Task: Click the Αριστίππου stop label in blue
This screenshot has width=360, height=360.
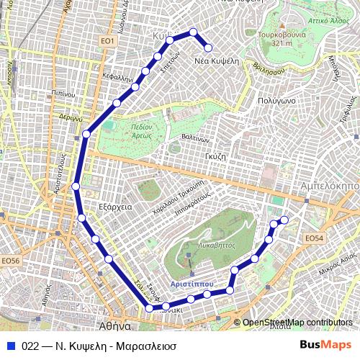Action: pyautogui.click(x=192, y=284)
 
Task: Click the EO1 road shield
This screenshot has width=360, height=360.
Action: pyautogui.click(x=108, y=42)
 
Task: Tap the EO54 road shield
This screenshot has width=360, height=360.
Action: pyautogui.click(x=315, y=238)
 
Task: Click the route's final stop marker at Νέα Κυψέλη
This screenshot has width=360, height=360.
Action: pyautogui.click(x=209, y=48)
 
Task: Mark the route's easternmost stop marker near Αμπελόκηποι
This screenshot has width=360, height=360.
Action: pyautogui.click(x=284, y=220)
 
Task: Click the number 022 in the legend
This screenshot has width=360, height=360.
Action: pyautogui.click(x=30, y=344)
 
